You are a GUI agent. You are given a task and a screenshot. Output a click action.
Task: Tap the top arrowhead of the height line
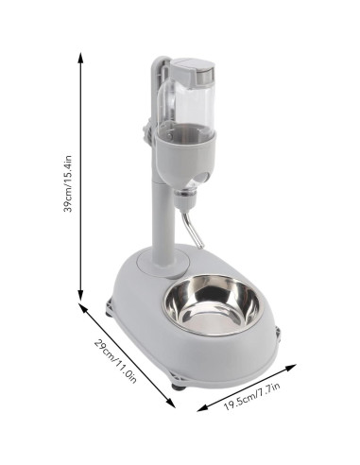[x=81, y=56]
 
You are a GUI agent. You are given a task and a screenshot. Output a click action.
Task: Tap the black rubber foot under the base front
[x=178, y=384]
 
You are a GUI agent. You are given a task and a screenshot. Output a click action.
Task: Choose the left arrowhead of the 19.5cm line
[x=200, y=409]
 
